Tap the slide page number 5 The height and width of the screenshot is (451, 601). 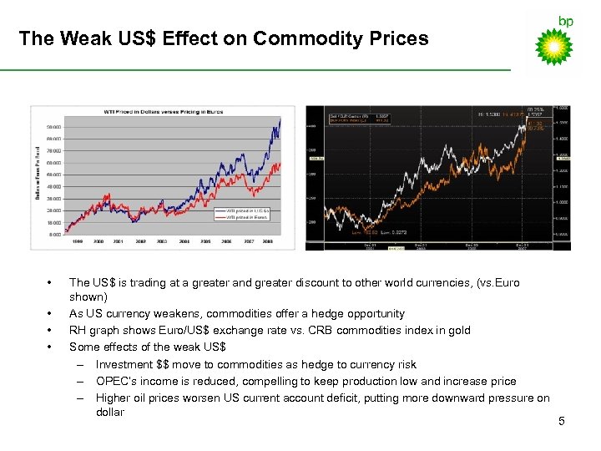point(562,421)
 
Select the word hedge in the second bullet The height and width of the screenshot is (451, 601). point(329,313)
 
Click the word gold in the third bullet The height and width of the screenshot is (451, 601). point(459,330)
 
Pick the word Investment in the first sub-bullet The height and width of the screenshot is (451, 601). point(123,364)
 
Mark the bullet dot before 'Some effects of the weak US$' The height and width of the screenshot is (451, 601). point(51,347)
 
